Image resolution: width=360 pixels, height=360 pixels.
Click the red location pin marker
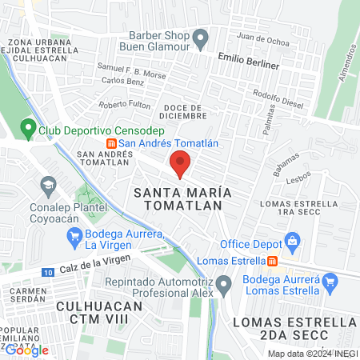[x=180, y=164]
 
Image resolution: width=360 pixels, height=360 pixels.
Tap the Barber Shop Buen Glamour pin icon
[x=201, y=37]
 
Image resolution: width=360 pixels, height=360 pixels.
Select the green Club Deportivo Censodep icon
[x=26, y=127]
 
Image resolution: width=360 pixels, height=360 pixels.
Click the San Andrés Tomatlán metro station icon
[x=110, y=142]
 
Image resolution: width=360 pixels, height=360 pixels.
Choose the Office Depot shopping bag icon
[x=293, y=241]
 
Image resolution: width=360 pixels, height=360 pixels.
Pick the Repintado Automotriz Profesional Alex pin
[x=225, y=283]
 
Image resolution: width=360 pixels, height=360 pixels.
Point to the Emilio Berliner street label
[x=249, y=64]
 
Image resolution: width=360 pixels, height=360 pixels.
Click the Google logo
[x=27, y=350]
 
